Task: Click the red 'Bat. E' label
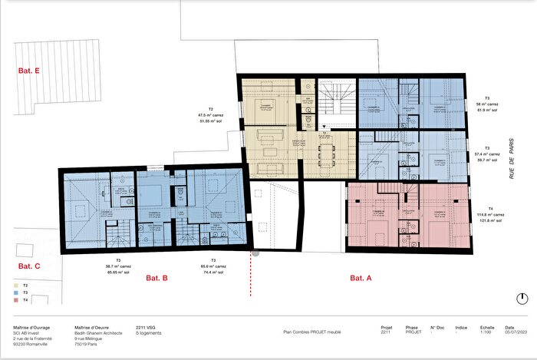click(29, 70)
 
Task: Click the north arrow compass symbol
click(522, 299)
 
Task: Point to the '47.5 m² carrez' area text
click(204, 115)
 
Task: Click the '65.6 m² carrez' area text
click(213, 266)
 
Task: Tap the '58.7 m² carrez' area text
click(119, 266)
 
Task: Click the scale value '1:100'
click(486, 332)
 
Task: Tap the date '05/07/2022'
click(516, 332)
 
